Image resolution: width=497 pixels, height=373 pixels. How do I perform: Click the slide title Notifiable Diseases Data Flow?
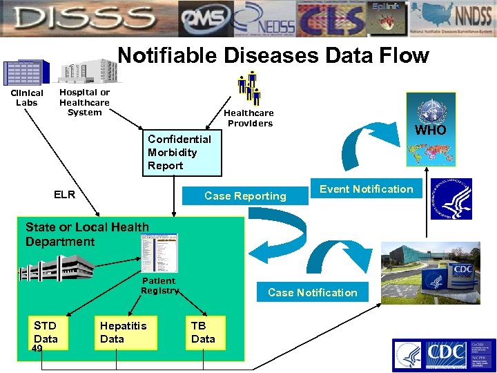(x=273, y=55)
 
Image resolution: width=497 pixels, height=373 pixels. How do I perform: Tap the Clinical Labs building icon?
(x=26, y=73)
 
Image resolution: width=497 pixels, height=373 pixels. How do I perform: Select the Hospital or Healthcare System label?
(x=84, y=102)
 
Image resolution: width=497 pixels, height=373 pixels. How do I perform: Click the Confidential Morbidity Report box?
(x=184, y=153)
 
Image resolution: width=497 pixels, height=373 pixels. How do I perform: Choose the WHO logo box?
(x=431, y=129)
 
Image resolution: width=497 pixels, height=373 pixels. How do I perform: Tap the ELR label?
(x=65, y=195)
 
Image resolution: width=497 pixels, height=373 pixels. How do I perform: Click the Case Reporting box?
(x=245, y=196)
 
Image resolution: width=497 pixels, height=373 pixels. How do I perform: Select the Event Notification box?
(x=366, y=189)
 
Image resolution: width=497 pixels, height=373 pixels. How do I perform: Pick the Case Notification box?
(x=312, y=292)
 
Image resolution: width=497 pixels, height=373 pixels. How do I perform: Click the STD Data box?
(x=46, y=332)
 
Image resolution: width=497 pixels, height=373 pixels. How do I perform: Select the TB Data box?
(x=205, y=332)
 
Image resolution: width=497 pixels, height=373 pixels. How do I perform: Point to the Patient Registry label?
(x=159, y=286)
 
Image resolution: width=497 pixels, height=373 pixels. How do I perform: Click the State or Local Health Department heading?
(x=87, y=234)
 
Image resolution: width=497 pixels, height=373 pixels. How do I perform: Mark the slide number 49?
(x=37, y=349)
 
